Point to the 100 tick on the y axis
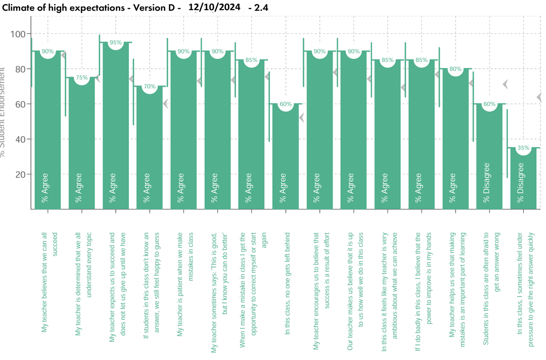coord(18,34)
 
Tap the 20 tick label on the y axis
coord(20,175)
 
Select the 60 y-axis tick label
coord(20,104)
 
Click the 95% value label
coord(115,43)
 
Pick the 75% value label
coord(82,77)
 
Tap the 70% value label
coord(150,86)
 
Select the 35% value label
coord(523,148)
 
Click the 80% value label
coord(455,69)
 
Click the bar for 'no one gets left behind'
coord(286,157)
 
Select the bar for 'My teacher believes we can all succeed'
coord(48,129)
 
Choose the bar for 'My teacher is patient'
coord(184,129)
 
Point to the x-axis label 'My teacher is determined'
coord(83,284)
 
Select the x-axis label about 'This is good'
coord(219,292)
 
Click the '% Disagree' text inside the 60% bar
coord(487,183)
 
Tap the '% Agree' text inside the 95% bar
coord(113,188)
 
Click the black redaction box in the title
coord(214,7)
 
